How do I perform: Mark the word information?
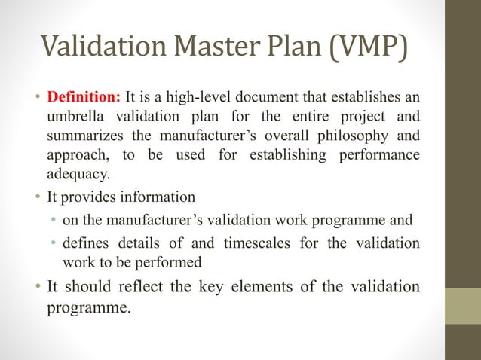[x=158, y=197]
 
